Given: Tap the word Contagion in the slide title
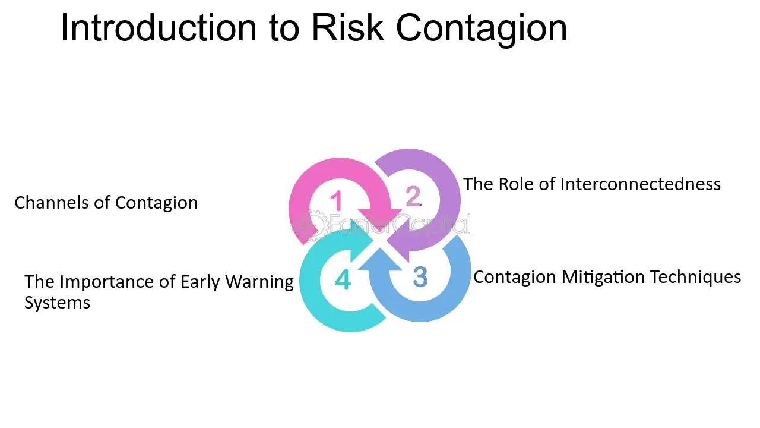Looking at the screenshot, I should (x=482, y=29).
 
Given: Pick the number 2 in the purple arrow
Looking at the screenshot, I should (x=413, y=196).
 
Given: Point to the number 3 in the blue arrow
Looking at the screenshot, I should (x=420, y=277).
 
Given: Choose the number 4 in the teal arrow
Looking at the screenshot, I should (x=343, y=279).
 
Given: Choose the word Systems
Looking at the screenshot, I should (x=57, y=303).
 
